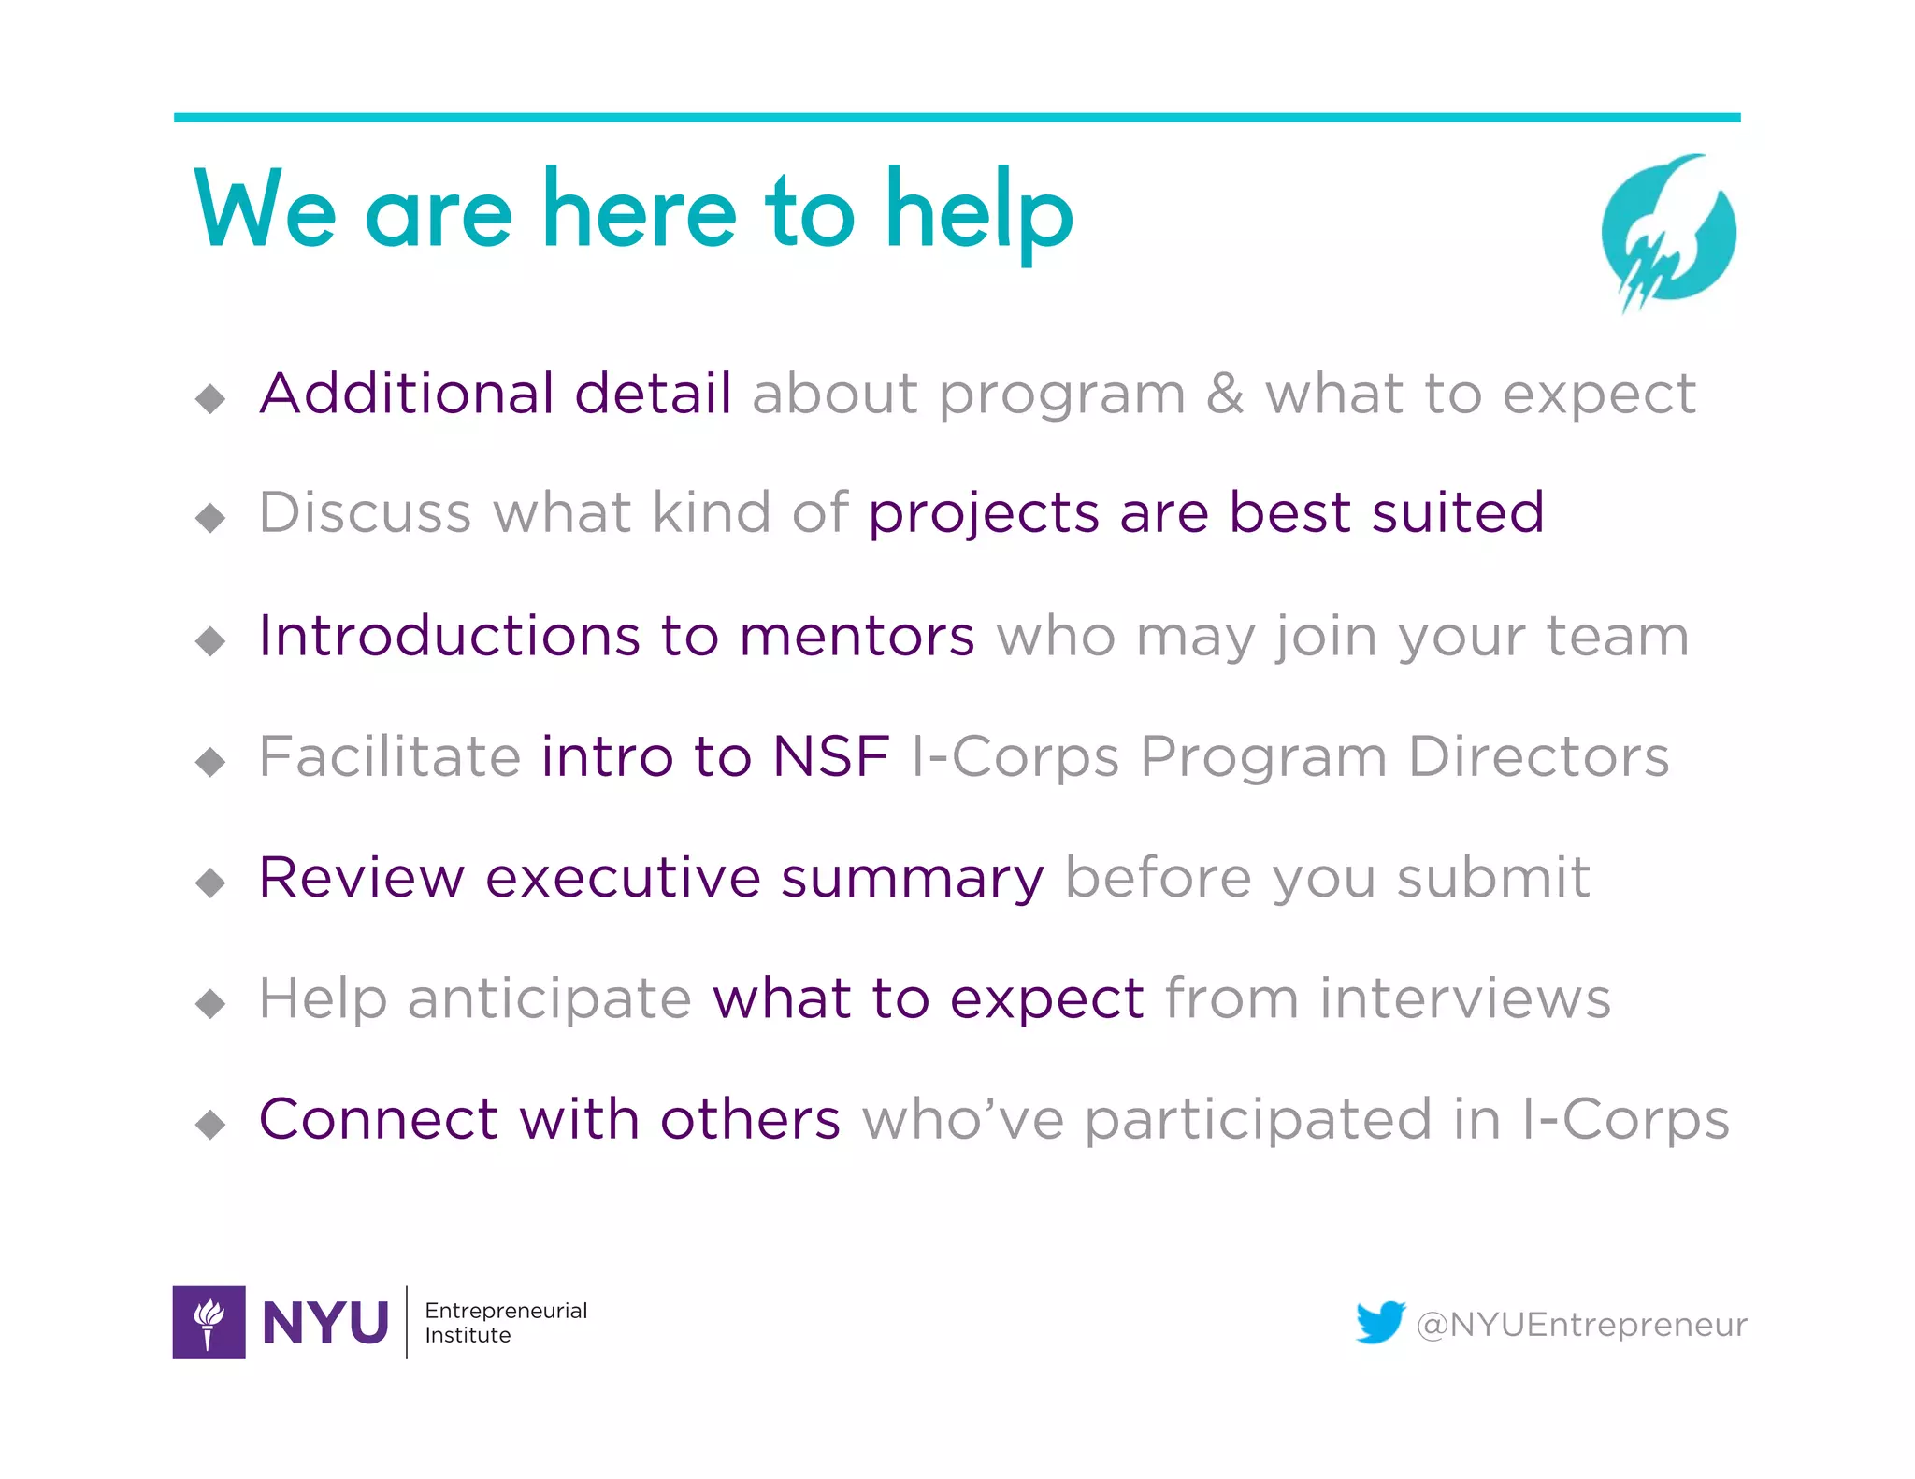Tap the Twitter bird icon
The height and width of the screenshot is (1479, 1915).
tap(1380, 1322)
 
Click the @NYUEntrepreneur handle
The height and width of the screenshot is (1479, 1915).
tap(1581, 1325)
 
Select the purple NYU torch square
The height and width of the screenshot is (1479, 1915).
tap(209, 1322)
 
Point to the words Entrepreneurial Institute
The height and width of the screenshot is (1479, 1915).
tap(505, 1322)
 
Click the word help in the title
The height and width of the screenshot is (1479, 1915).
tap(979, 213)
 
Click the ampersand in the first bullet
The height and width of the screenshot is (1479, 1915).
tap(1224, 394)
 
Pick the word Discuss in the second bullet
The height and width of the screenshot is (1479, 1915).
tap(365, 512)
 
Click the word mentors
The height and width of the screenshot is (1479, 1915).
tap(857, 637)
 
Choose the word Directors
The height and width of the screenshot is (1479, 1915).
tap(1538, 756)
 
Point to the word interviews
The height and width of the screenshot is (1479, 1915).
tap(1465, 998)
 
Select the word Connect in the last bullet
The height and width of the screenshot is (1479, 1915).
tap(379, 1119)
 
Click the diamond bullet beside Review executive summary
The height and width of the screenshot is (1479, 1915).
tap(210, 882)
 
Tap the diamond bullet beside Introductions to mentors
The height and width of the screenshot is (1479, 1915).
tap(210, 640)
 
